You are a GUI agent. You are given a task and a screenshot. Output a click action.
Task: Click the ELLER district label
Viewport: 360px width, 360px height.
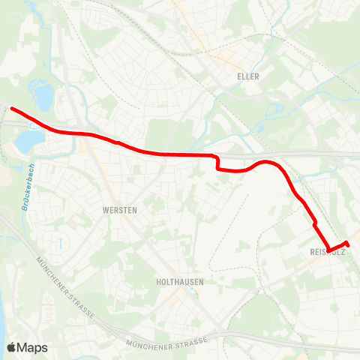click(x=248, y=76)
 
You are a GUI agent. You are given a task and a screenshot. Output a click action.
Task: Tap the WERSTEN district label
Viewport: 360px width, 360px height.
click(x=119, y=211)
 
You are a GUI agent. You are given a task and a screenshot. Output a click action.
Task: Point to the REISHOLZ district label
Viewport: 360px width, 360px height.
click(x=327, y=253)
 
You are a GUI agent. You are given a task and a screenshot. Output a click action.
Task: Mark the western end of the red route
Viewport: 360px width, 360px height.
click(x=11, y=109)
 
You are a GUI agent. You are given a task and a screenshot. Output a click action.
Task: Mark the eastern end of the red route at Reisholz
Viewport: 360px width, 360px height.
click(x=348, y=244)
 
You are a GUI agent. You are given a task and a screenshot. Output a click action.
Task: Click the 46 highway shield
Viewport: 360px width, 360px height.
click(x=34, y=127)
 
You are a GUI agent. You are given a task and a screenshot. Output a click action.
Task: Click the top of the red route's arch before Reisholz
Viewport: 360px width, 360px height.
click(x=265, y=160)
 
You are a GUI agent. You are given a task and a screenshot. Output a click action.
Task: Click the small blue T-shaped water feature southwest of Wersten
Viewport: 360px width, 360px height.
click(x=58, y=241)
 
